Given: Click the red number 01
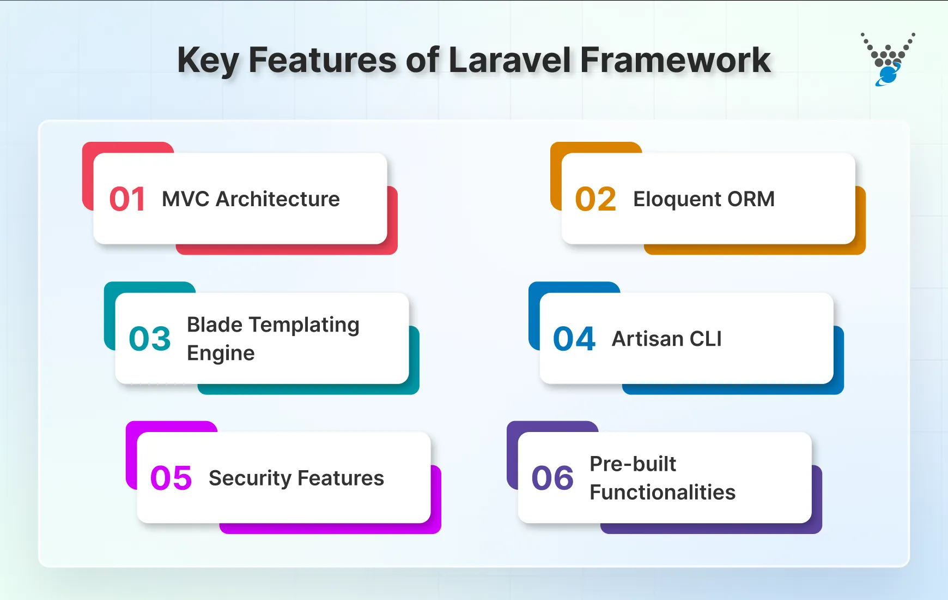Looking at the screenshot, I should [127, 199].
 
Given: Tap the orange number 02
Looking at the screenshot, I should [595, 199].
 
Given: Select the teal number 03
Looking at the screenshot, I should [150, 339].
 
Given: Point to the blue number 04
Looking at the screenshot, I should [574, 339].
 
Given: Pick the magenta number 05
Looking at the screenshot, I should [171, 478].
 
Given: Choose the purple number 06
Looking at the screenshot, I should [552, 478].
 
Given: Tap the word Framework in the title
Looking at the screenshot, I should [675, 60].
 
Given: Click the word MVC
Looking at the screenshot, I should [186, 199].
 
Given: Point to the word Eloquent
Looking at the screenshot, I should [677, 199].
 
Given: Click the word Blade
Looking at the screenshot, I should [215, 325].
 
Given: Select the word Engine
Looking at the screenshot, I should [221, 353].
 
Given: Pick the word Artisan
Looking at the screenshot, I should [647, 339].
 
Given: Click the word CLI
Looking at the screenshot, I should [706, 339].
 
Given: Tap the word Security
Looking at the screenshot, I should [250, 478].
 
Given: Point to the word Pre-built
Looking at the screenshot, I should [633, 464].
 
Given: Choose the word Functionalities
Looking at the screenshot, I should [663, 493].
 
